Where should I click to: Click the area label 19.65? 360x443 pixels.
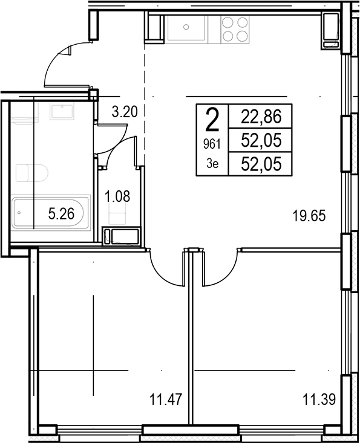coord(309,216)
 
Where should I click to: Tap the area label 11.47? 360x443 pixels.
coord(166,399)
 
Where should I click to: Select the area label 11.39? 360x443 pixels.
coord(319,399)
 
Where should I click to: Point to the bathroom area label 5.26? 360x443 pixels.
coord(61,213)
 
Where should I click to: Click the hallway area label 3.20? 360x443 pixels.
coord(125,112)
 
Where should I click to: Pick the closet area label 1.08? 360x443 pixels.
coord(117,196)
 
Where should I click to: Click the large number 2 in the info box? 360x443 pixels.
coord(212,120)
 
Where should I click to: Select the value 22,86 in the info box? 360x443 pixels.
coord(261,117)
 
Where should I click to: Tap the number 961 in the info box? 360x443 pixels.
coord(212,145)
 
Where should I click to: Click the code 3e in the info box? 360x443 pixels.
coord(212,164)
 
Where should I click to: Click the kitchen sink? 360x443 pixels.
coord(186,27)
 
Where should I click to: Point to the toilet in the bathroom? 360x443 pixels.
coord(31,173)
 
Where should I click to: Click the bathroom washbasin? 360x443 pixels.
coord(62,112)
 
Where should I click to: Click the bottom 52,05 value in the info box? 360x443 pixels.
coord(261,164)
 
